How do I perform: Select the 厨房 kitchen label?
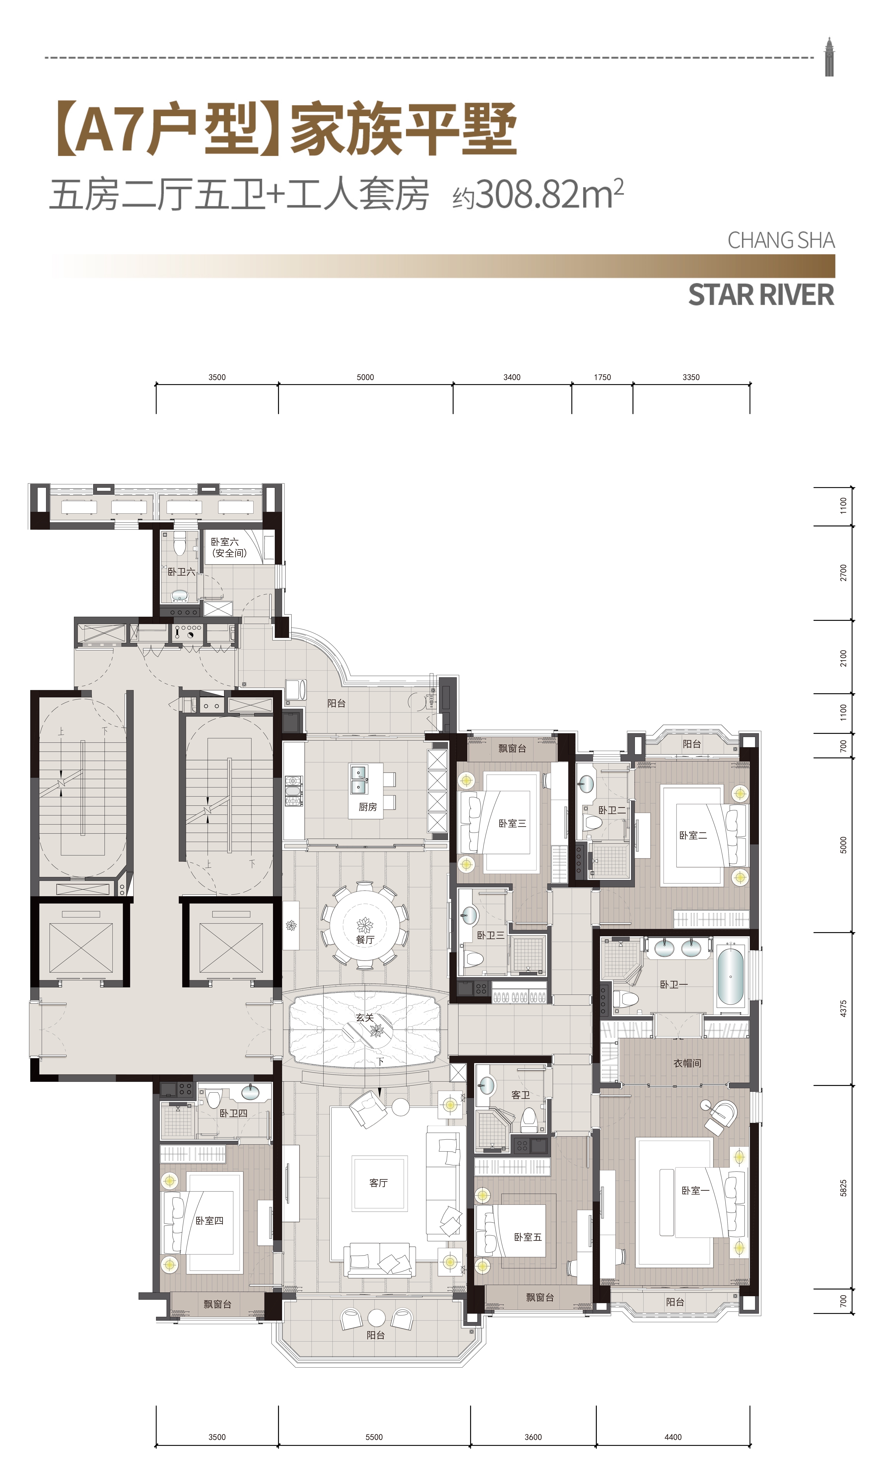[368, 807]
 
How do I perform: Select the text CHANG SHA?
[781, 240]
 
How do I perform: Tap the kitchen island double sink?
[358, 780]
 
